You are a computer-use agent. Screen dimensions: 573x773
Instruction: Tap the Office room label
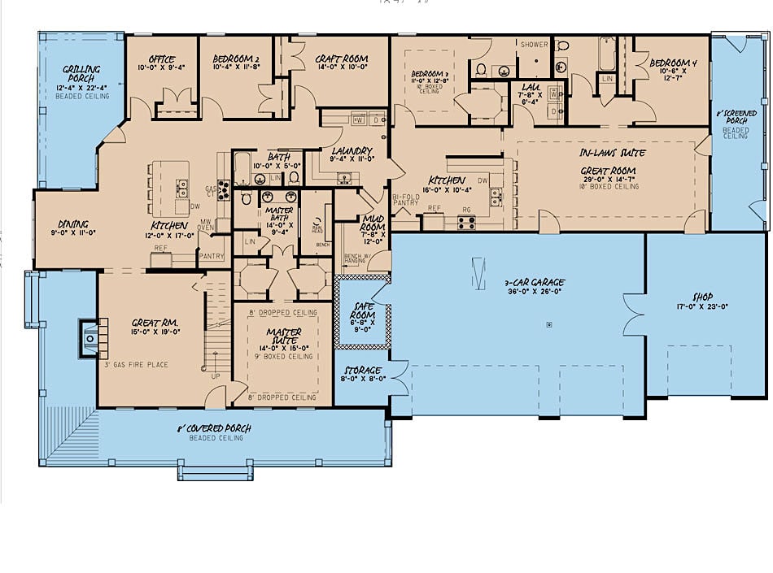point(163,59)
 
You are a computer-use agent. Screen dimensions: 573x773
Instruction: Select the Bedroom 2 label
point(235,59)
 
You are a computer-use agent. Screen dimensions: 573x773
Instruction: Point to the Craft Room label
point(342,59)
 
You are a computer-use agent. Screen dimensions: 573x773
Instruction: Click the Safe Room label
point(363,310)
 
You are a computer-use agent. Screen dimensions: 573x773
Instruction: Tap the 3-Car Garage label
point(534,283)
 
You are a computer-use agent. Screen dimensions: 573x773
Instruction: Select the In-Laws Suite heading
point(613,153)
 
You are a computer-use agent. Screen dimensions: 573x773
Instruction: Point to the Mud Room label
point(374,223)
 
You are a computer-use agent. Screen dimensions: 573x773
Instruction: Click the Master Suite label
point(284,336)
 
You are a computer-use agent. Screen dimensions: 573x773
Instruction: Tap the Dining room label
point(73,224)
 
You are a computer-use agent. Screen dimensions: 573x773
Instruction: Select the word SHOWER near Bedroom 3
point(535,45)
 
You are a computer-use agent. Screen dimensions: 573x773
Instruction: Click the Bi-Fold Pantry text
point(405,199)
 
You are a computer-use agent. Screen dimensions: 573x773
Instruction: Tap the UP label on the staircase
point(216,376)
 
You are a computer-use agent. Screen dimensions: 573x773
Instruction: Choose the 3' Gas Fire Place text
point(137,365)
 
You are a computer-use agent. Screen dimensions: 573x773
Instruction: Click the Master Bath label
point(280,214)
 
